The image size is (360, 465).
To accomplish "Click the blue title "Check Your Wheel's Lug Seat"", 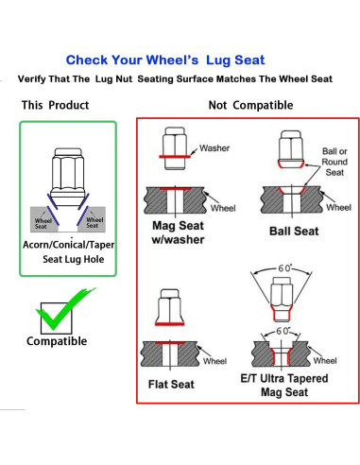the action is click(165, 60).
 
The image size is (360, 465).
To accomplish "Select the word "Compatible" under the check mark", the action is click(57, 341).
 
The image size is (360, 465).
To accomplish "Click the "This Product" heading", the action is click(55, 105).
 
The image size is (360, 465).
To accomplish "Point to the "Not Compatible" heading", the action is click(250, 105).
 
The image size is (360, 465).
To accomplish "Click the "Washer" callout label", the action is click(214, 148).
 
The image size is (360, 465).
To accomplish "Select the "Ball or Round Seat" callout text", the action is click(334, 162).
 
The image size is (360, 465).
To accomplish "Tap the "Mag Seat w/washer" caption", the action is click(178, 232).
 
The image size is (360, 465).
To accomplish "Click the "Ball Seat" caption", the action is click(294, 232).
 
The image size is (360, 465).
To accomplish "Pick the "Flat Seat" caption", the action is click(171, 385).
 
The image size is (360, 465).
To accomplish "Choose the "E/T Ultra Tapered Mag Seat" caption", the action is click(284, 385).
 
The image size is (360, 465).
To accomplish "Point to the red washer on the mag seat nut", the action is click(175, 157).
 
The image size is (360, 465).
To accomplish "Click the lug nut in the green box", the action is click(68, 177).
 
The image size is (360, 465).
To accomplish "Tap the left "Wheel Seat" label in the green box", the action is click(42, 223).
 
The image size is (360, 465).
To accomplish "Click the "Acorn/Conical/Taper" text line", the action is click(68, 245).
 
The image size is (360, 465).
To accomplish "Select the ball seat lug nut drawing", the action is click(291, 149).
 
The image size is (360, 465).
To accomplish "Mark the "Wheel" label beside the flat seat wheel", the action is click(214, 361).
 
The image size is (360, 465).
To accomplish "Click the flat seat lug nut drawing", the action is click(170, 307).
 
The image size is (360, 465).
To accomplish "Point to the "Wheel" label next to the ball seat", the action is click(338, 208).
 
